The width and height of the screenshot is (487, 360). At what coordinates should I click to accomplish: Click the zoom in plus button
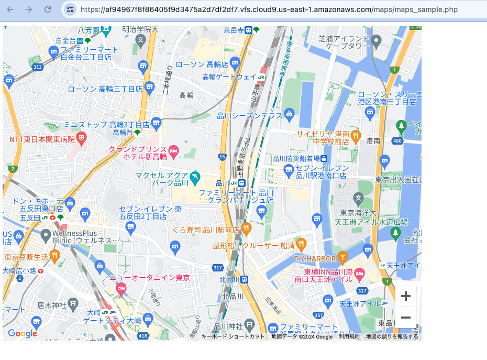[405, 297]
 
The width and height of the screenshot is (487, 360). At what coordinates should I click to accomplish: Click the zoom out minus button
[405, 318]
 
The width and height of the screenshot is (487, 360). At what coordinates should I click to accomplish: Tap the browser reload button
[48, 9]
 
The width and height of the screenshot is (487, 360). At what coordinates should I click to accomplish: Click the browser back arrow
[10, 9]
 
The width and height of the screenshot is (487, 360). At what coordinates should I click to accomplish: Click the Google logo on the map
[22, 333]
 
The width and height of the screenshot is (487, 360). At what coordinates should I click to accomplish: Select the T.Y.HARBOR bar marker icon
[342, 257]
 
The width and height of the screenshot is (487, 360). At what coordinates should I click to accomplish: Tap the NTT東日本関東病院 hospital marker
[81, 139]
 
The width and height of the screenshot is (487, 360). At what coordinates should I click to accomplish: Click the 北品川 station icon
[244, 279]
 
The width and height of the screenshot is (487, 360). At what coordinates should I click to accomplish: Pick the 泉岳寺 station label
[234, 30]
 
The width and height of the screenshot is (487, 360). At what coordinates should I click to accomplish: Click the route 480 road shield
[398, 141]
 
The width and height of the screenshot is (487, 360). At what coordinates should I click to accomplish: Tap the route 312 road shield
[37, 67]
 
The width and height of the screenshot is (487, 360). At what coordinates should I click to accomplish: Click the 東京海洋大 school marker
[358, 198]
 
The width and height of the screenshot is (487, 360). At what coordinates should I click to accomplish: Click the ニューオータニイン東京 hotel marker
[121, 288]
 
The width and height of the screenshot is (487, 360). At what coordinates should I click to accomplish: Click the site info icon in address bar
[70, 9]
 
